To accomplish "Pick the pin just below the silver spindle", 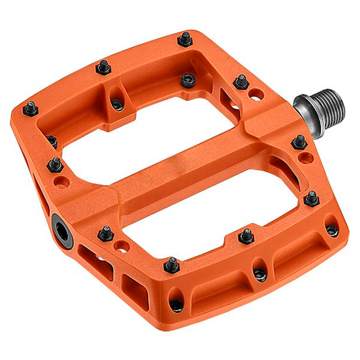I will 299,143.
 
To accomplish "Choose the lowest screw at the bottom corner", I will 177,305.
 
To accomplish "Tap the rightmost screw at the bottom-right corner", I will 332,230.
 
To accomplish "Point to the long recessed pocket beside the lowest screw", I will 216,287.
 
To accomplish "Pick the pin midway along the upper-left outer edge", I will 103,67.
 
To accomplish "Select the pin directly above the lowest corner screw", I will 172,264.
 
